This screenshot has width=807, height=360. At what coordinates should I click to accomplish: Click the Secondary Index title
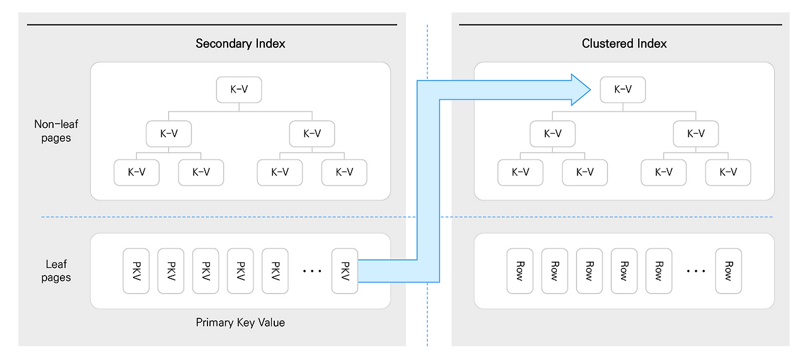pos(240,44)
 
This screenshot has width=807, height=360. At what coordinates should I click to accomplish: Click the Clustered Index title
pos(624,44)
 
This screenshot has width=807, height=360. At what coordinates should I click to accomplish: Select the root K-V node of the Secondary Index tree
pos(239,90)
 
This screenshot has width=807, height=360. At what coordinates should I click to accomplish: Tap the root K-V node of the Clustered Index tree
pos(622,90)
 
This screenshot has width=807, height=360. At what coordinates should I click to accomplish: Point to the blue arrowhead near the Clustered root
pos(579,90)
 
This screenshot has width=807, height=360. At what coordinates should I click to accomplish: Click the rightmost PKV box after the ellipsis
pos(345,271)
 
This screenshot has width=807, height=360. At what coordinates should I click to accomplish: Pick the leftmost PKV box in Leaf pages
pos(136,271)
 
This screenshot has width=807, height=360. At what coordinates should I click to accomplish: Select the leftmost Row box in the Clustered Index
pos(520,271)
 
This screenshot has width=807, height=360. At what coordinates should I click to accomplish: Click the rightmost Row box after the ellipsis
pos(728,271)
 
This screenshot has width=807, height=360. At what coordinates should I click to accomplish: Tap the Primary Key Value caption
pos(240,322)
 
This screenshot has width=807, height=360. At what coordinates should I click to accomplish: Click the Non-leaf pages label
pos(56,131)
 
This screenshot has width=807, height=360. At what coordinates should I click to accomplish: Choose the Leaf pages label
pos(56,271)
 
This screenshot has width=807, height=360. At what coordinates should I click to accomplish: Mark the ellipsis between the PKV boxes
pos(312,271)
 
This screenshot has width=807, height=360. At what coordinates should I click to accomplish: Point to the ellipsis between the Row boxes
pos(695,271)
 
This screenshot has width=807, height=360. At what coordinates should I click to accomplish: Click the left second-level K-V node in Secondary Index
pos(168,134)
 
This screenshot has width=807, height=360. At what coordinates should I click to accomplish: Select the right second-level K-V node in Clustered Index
pos(695,134)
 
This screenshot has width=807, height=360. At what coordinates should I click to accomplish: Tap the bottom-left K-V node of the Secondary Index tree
pos(136,172)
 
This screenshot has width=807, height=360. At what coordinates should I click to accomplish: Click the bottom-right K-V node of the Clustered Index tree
pos(728,172)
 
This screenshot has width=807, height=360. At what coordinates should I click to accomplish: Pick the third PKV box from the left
pos(206,271)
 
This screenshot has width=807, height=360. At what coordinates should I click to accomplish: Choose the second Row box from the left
pos(554,271)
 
